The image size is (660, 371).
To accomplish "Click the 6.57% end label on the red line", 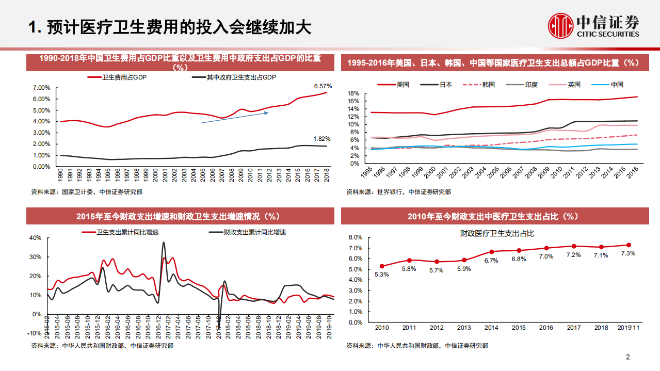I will [x=323, y=86].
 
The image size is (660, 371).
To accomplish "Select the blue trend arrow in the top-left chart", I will [x=234, y=117].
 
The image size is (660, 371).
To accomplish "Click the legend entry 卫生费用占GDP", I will [x=118, y=77].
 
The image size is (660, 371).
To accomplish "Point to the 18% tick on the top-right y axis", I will [x=353, y=93].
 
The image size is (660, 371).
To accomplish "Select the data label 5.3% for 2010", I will [x=382, y=275].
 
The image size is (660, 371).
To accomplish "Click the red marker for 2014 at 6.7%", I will [x=492, y=252].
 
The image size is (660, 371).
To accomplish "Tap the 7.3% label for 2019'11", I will [x=628, y=253].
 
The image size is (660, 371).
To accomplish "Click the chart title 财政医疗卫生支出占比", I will [x=497, y=233].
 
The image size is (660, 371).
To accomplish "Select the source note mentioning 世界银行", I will [x=398, y=192].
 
